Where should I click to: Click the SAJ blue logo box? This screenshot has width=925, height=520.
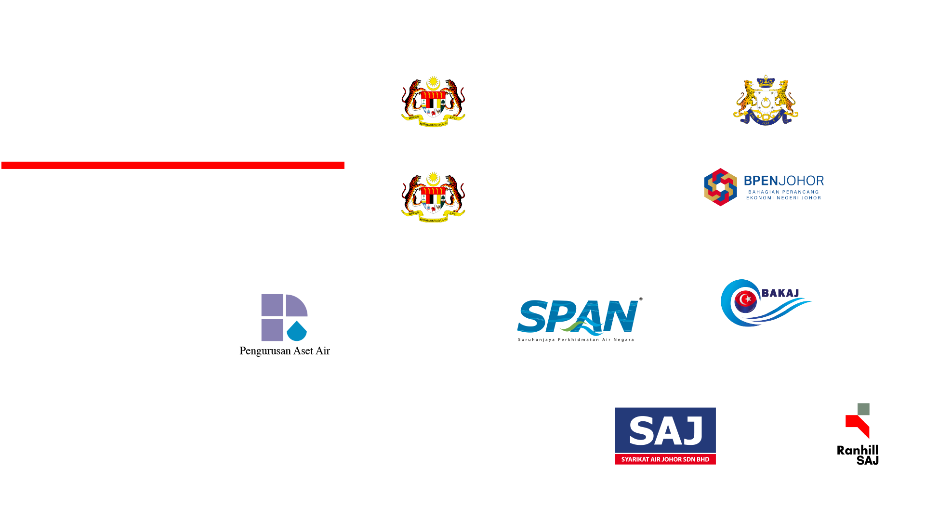[665, 429]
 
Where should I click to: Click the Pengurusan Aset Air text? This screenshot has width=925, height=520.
[285, 351]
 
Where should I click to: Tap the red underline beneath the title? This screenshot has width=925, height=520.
[172, 166]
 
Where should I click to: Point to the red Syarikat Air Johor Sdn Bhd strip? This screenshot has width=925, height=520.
[665, 459]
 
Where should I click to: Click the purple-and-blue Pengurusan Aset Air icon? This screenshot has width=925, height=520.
[284, 316]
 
